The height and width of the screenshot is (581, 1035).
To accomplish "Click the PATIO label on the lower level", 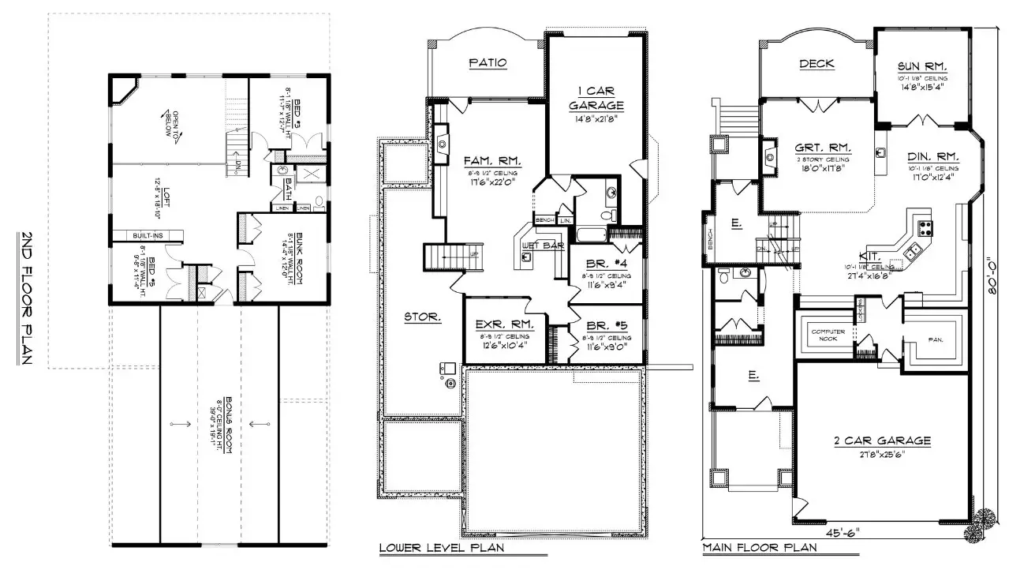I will (x=487, y=62).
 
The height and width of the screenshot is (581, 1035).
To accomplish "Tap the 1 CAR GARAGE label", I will (x=596, y=96).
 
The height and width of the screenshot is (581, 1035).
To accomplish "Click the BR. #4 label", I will (x=605, y=264).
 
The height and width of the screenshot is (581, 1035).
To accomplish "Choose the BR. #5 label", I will (x=605, y=324).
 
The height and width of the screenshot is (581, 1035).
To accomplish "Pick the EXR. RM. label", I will (x=505, y=324).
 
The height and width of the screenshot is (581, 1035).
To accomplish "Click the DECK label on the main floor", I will (x=816, y=64).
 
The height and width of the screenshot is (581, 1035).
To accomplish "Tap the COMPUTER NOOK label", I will (x=828, y=335).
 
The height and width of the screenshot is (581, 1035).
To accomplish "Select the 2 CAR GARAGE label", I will (x=882, y=440).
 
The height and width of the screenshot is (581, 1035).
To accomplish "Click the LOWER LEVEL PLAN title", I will (x=441, y=547).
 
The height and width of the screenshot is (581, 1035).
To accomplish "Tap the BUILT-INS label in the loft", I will (x=150, y=234).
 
